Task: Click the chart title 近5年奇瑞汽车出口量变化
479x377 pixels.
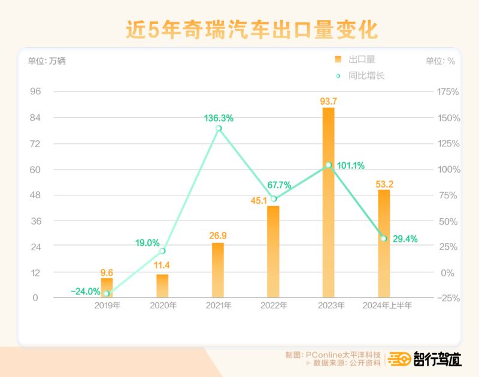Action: coord(239,30)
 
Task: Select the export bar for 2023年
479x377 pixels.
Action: coord(328,203)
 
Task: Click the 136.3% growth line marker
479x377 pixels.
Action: coord(219,128)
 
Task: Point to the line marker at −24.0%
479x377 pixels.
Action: coord(107,293)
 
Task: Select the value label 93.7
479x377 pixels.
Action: coord(328,101)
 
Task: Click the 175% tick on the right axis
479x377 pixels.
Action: coord(448,92)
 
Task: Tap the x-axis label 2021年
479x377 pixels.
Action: coord(219,306)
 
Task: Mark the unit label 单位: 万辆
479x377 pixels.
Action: coord(47,61)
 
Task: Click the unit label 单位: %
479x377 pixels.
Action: coord(440,61)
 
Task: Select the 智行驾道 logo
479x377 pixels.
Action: coord(425,359)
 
